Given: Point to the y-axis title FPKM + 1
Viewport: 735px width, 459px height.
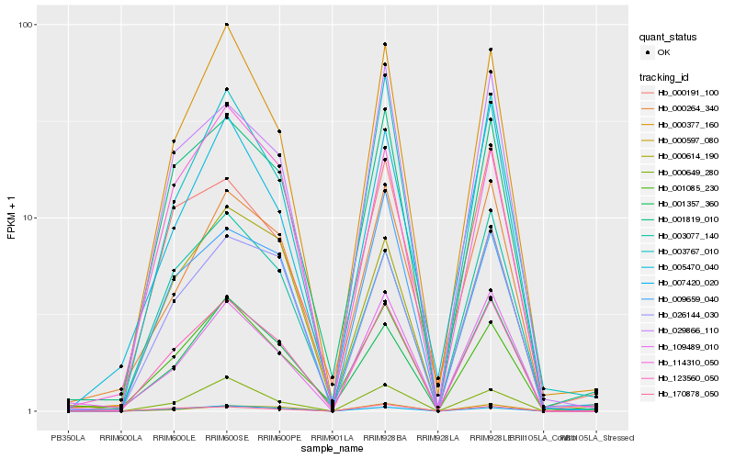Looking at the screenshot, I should click(11, 218).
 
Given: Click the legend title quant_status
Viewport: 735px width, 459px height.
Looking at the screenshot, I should click(669, 37).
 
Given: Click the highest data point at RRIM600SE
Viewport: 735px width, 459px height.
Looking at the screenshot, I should click(227, 25).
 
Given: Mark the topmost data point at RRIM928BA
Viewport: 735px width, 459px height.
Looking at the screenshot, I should click(385, 44).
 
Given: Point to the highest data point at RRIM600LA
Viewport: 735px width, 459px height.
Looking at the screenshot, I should click(121, 366).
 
